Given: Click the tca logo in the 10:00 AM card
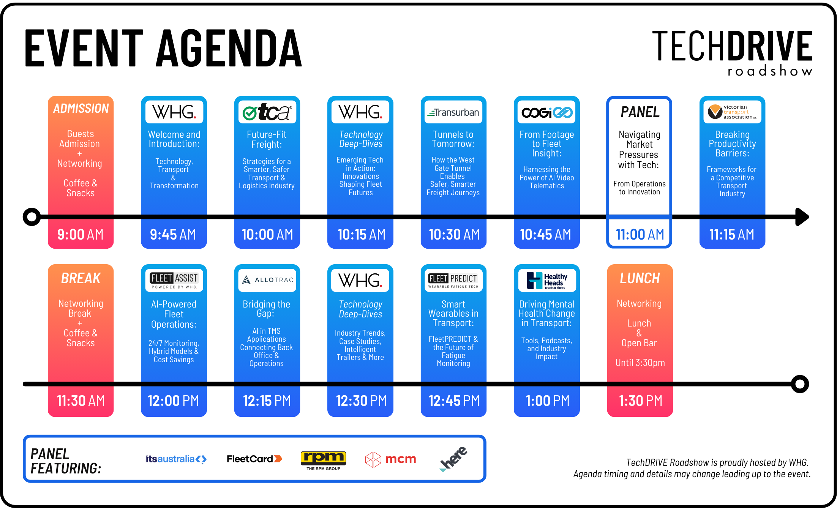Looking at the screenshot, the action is coord(267,112).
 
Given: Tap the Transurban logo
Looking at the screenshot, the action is coord(453,112).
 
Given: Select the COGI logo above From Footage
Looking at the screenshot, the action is coord(547,112).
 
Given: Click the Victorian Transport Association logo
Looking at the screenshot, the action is coord(732,112).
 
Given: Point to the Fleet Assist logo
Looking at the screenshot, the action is coord(174,280).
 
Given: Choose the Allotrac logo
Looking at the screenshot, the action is coord(267,280).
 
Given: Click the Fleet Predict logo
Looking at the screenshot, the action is coord(453,280).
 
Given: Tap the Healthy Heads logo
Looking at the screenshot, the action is coord(547,281).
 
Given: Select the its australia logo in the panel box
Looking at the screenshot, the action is coord(176,459).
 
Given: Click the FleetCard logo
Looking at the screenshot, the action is coord(254,459).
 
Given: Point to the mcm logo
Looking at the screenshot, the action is coord(390,459).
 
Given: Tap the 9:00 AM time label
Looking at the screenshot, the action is coord(81,235).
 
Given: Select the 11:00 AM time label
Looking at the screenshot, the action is coord(640,235).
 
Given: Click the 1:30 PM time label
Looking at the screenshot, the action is coord(640,401).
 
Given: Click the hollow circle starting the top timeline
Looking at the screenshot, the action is coord(32,217).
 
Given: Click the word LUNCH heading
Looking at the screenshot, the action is coord(640,278).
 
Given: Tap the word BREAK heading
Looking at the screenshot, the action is coord(81,278).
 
